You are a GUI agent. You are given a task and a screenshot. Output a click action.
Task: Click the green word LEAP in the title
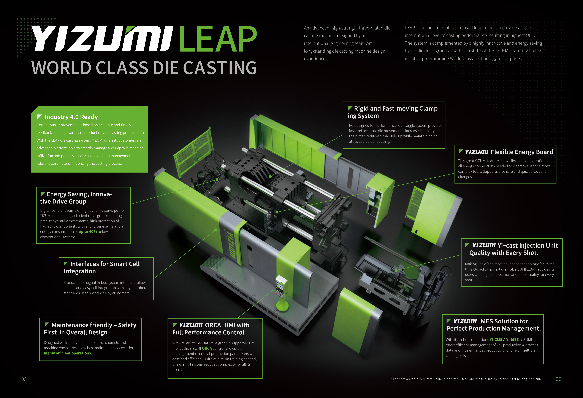coord(218,39)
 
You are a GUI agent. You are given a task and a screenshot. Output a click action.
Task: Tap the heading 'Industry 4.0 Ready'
coord(71,117)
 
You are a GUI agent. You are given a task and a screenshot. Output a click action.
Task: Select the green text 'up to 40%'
coord(88,232)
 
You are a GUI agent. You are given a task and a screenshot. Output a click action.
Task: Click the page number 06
coord(558,379)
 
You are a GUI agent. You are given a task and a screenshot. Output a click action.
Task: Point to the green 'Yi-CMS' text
coord(496,340)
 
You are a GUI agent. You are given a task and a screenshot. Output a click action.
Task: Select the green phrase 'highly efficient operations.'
coord(68,353)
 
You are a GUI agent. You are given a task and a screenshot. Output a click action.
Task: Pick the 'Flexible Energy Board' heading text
coord(522,152)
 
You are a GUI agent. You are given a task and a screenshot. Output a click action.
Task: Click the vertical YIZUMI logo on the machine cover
coord(231,244)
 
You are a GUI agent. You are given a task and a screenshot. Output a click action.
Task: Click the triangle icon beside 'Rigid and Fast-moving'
coord(350,108)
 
